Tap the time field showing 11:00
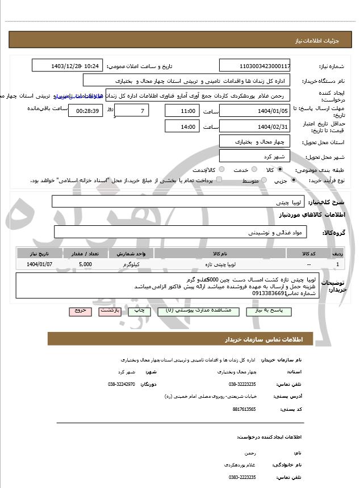point(182,110)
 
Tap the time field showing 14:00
point(182,127)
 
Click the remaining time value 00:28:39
point(85,110)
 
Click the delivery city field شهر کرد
point(254,156)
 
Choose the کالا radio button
point(280,170)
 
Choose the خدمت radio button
point(253,170)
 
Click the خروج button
point(79,311)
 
